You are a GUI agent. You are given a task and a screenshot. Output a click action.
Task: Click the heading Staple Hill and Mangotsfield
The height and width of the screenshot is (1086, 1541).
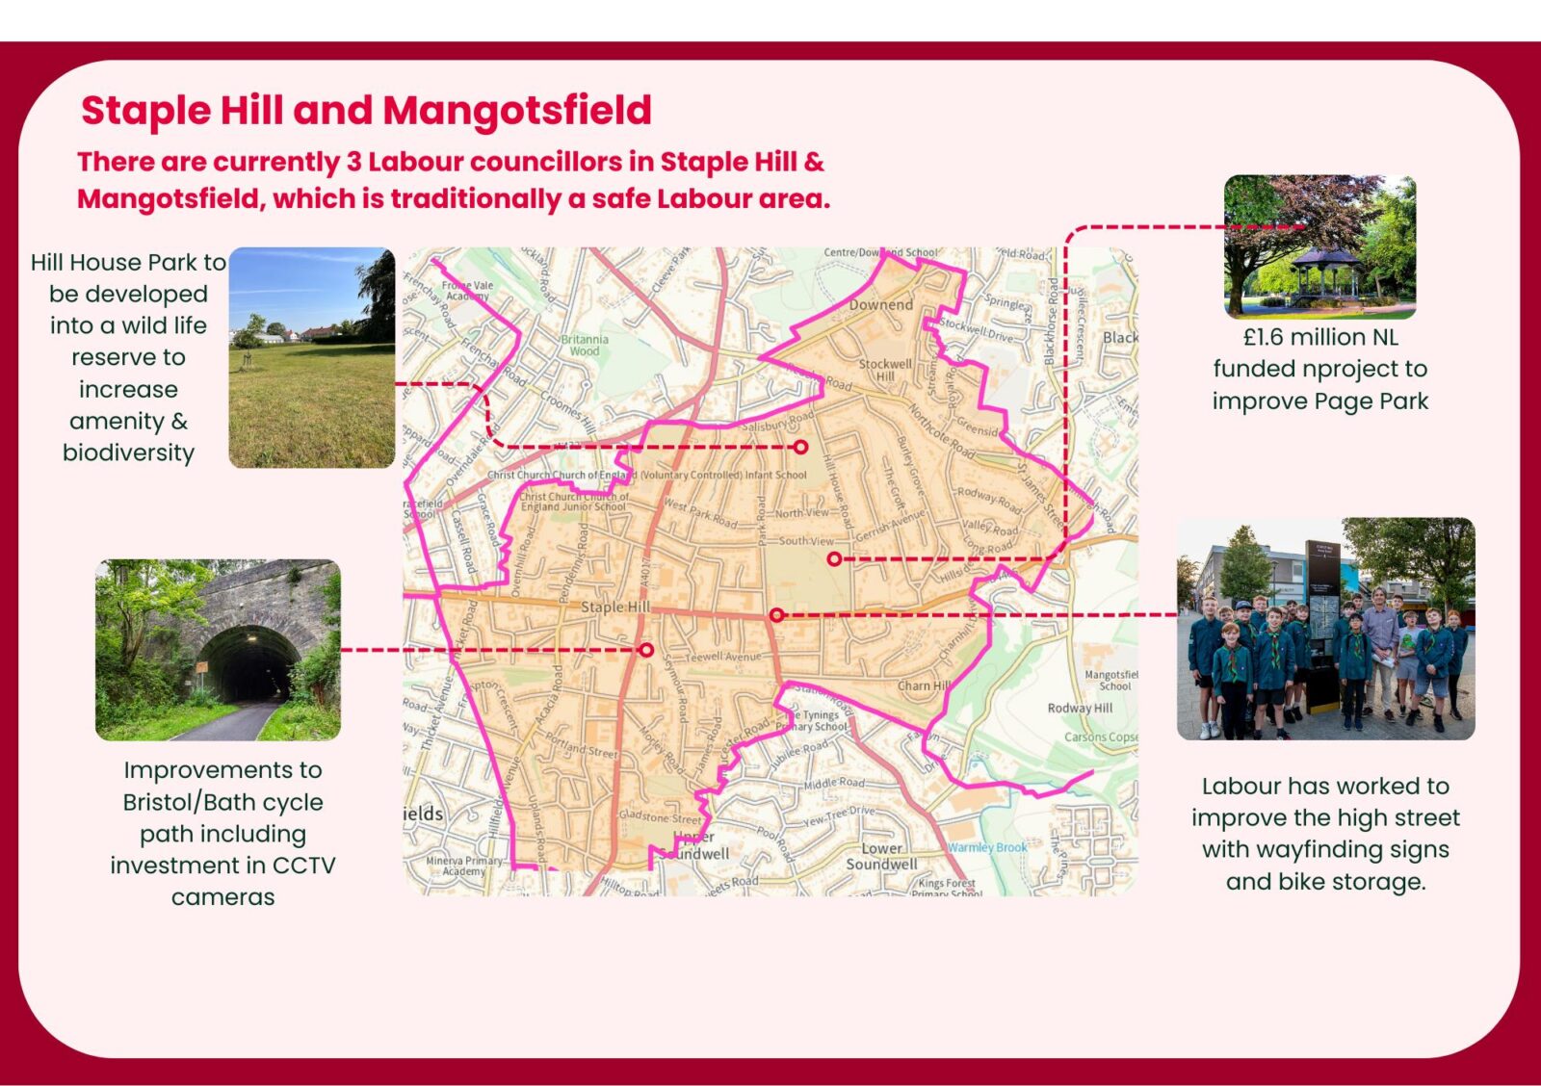pyautogui.click(x=366, y=110)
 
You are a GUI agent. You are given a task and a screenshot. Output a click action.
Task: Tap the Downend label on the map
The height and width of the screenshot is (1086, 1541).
pyautogui.click(x=881, y=305)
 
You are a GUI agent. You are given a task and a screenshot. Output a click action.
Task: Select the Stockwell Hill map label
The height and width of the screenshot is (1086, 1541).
pyautogui.click(x=885, y=370)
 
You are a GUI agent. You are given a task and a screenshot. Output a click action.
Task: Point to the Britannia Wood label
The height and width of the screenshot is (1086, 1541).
pyautogui.click(x=585, y=345)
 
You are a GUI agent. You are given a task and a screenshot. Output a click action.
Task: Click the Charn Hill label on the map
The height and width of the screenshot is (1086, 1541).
pyautogui.click(x=924, y=685)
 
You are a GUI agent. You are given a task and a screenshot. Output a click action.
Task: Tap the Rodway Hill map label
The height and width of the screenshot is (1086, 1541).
pyautogui.click(x=1080, y=708)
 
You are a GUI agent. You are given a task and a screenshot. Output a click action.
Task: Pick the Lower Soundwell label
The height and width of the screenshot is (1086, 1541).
pyautogui.click(x=882, y=856)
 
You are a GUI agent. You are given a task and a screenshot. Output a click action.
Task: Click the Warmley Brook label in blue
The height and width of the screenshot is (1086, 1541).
pyautogui.click(x=987, y=847)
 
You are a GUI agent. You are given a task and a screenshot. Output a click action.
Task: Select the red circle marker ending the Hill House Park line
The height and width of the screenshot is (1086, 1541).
pyautogui.click(x=800, y=447)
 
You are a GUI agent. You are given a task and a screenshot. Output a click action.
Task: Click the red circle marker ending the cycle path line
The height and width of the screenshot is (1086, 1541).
pyautogui.click(x=646, y=650)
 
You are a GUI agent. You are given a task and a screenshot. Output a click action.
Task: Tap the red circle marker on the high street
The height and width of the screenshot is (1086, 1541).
pyautogui.click(x=776, y=614)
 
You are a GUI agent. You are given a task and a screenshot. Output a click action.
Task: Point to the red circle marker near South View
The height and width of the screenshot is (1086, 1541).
pyautogui.click(x=834, y=558)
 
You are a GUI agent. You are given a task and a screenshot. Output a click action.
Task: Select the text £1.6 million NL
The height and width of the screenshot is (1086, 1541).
pyautogui.click(x=1319, y=337)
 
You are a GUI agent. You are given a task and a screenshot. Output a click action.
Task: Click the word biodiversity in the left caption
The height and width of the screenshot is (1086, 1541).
pyautogui.click(x=128, y=452)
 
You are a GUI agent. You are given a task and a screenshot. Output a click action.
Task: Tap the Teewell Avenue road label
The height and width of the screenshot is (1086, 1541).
pyautogui.click(x=723, y=657)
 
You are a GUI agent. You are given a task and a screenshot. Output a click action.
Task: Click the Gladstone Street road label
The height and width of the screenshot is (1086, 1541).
pyautogui.click(x=660, y=816)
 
